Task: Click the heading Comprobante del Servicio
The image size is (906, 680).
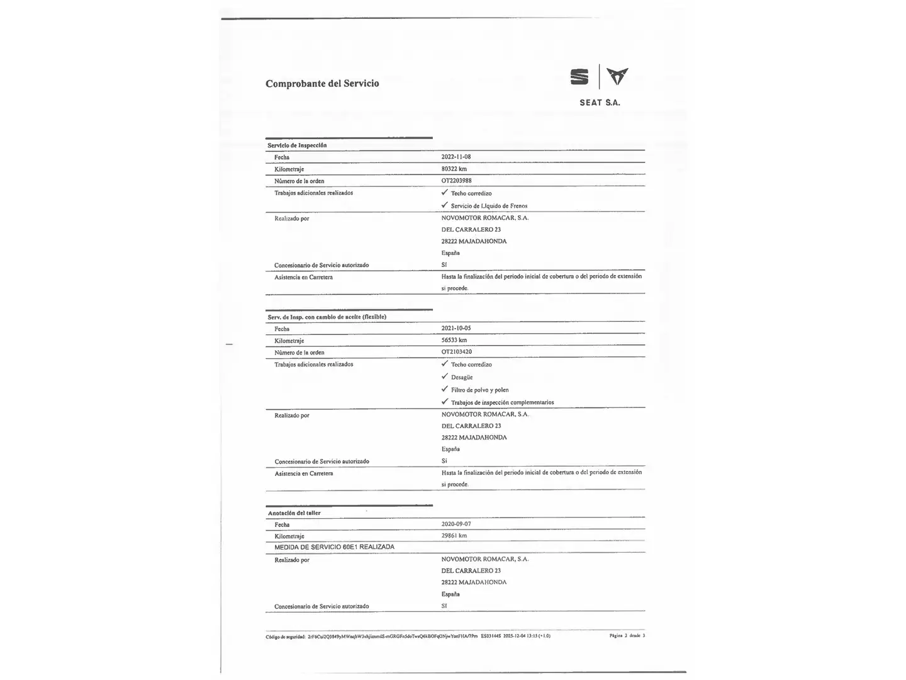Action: tap(322, 83)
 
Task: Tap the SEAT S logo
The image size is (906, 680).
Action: tap(579, 77)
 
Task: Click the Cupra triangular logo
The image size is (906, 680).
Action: tap(617, 76)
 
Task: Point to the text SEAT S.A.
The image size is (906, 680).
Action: tap(600, 103)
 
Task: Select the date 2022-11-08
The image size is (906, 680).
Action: tap(456, 157)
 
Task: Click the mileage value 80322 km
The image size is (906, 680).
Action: tap(454, 169)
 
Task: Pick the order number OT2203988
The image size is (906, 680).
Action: tap(456, 181)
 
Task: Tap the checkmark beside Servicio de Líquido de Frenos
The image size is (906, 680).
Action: tap(445, 205)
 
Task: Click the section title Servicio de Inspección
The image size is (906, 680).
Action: tap(297, 145)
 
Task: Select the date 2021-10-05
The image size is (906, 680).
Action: tap(456, 328)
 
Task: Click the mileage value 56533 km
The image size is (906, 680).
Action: tap(454, 340)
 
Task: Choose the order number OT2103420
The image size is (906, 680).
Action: tap(456, 352)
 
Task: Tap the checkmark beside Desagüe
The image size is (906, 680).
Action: tap(445, 377)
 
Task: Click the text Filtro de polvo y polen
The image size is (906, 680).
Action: tap(479, 390)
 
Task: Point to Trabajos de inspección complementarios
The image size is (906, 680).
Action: tap(502, 402)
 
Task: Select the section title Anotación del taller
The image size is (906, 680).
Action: tap(294, 513)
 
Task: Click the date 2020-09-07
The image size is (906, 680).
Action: tap(456, 524)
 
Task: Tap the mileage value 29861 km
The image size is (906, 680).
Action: tap(454, 536)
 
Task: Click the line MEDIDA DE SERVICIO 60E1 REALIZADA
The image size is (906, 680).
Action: tap(334, 547)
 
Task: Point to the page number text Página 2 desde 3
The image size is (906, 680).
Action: tap(627, 636)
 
